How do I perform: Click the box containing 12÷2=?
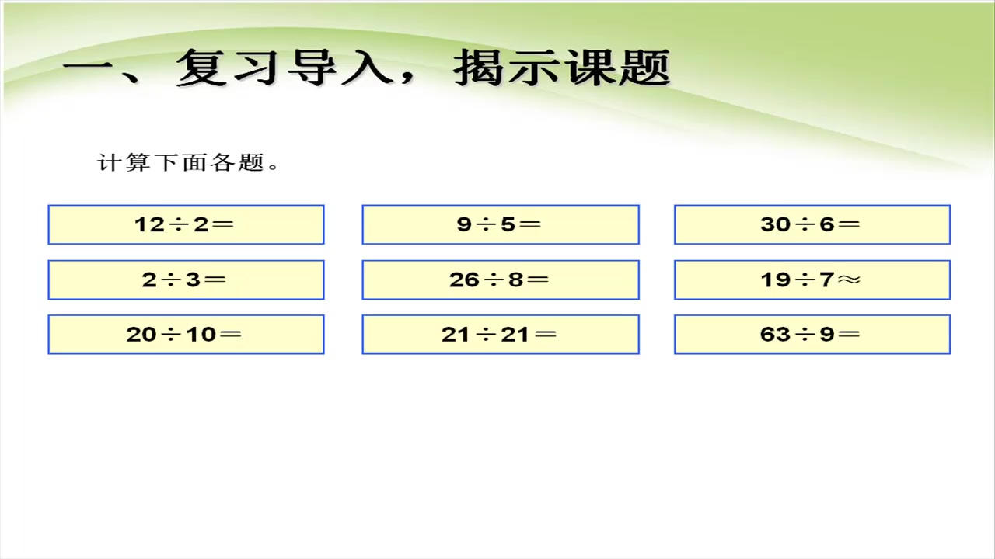click(186, 224)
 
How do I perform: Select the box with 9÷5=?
click(500, 224)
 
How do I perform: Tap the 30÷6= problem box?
click(812, 224)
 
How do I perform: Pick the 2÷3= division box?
click(186, 279)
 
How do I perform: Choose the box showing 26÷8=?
click(500, 279)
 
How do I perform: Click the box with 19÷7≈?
click(812, 279)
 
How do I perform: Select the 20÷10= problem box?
click(186, 335)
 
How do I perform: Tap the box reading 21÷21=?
click(500, 335)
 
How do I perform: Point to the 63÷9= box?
click(812, 335)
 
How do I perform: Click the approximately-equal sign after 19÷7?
click(850, 279)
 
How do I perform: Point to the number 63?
click(775, 335)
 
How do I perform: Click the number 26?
click(464, 279)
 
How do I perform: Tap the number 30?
click(775, 224)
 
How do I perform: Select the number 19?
click(775, 279)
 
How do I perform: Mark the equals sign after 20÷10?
click(231, 335)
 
